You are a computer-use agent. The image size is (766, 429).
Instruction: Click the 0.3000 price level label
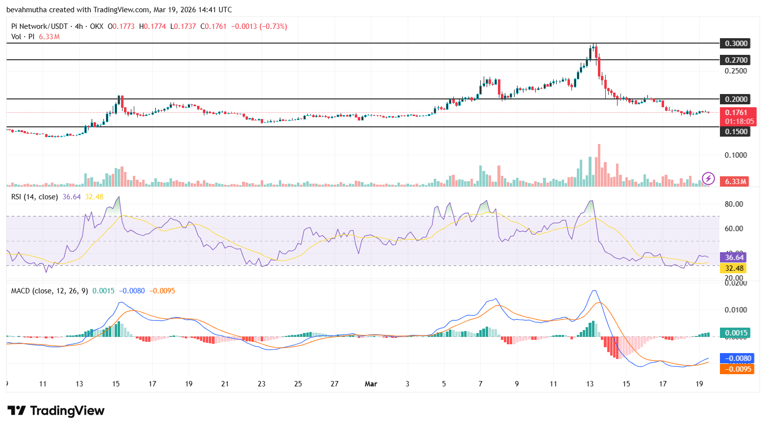click(x=736, y=44)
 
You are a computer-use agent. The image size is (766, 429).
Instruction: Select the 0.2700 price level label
click(x=736, y=60)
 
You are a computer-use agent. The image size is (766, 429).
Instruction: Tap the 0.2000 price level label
click(x=736, y=99)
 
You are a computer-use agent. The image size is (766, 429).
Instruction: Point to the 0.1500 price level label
click(x=736, y=132)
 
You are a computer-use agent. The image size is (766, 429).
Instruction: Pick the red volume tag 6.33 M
click(x=736, y=182)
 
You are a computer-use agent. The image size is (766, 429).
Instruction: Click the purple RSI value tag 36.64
click(x=734, y=258)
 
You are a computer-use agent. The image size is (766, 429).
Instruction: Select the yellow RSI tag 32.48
click(x=734, y=268)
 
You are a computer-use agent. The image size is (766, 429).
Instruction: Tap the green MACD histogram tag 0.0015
click(x=736, y=333)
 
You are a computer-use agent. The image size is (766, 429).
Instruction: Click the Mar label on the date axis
click(x=371, y=384)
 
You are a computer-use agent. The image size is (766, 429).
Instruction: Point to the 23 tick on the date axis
click(x=262, y=384)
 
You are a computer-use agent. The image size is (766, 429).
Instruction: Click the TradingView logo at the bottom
click(x=56, y=410)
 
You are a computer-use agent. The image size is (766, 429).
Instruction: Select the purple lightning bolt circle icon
click(x=708, y=179)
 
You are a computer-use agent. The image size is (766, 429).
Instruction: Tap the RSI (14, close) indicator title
click(x=34, y=197)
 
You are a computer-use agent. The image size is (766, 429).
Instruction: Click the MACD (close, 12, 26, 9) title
click(x=49, y=291)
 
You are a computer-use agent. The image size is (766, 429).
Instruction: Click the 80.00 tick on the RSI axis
click(x=734, y=204)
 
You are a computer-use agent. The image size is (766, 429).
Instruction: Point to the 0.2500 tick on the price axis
click(x=736, y=71)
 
